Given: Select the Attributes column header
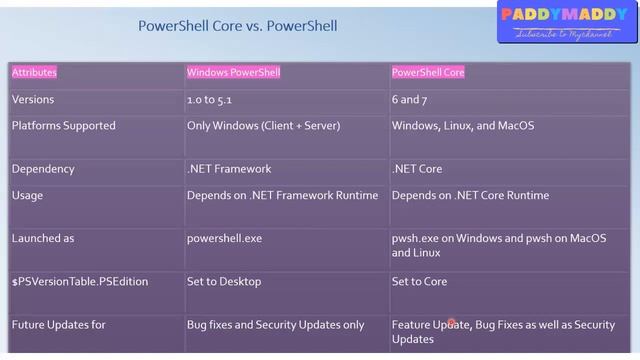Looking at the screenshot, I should pos(35,72).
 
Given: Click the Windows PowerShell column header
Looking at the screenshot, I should pos(233,72).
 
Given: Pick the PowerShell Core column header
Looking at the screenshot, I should pos(428,72).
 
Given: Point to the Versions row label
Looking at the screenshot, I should pos(33,100).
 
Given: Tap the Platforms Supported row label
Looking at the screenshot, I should pos(63,126).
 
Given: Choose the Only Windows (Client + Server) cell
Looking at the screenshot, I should pos(263,126).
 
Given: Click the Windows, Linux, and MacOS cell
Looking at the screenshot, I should pos(463,126).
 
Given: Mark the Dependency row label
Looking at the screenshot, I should pos(43,169).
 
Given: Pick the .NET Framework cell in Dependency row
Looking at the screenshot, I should pos(229,169).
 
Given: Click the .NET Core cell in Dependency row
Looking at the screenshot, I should pos(417,169).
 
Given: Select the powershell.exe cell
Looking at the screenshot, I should pos(223,239).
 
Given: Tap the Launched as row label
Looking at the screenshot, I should pos(43,239).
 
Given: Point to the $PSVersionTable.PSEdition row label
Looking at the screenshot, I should pos(80,282).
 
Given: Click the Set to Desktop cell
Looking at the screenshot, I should pos(223,282).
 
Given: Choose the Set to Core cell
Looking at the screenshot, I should pos(419,282).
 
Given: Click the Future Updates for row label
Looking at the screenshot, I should pos(59,325).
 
